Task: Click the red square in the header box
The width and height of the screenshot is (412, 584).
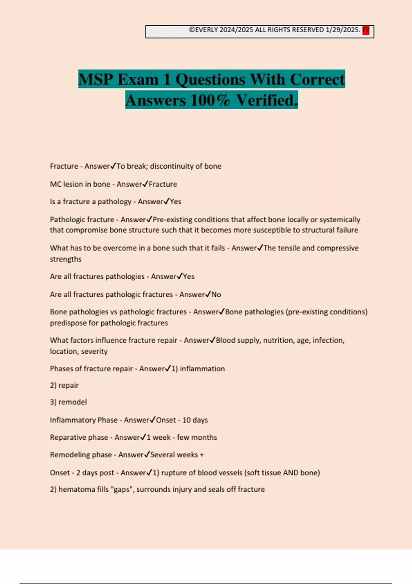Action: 366,31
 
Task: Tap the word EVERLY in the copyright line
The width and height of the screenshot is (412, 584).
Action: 206,30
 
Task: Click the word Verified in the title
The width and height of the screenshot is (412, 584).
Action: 267,100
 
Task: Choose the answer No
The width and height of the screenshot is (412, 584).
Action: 216,294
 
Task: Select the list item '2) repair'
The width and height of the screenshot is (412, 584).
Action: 64,385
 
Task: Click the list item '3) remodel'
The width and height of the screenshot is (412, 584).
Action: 68,402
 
